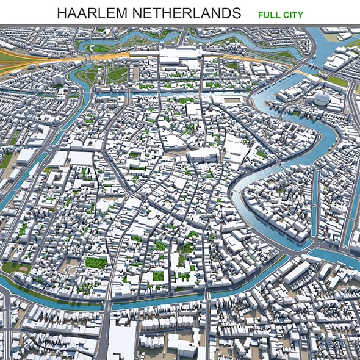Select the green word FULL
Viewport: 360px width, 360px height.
pyautogui.click(x=268, y=14)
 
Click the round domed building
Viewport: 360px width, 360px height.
pyautogui.click(x=322, y=98)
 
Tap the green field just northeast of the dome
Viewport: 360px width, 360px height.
pyautogui.click(x=337, y=81)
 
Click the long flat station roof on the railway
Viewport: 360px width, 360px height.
pyautogui.click(x=177, y=59)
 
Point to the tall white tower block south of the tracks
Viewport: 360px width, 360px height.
pyautogui.click(x=59, y=80)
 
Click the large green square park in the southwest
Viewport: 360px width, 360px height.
pyautogui.click(x=96, y=262)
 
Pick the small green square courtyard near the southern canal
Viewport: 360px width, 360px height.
pyautogui.click(x=157, y=276)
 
